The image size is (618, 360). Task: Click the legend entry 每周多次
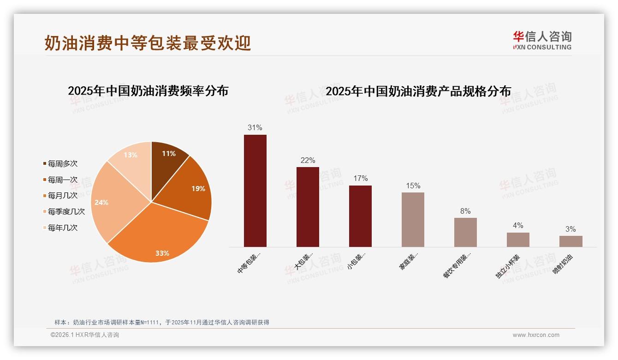63,164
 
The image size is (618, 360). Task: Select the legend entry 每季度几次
66,212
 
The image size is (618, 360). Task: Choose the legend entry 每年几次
63,228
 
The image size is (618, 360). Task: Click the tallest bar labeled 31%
255,191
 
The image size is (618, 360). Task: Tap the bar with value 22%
308,207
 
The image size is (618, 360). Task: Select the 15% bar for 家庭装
413,220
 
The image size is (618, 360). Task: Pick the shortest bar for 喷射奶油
570,241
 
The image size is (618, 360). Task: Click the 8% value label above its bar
465,211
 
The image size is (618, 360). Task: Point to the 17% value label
360,179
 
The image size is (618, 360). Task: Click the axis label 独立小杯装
508,266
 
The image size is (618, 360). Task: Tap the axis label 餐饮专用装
457,266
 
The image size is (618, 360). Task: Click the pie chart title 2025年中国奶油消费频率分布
148,91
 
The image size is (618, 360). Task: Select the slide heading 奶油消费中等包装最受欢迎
148,43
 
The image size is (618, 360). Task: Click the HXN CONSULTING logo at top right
542,41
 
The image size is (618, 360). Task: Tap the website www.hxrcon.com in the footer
536,335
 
